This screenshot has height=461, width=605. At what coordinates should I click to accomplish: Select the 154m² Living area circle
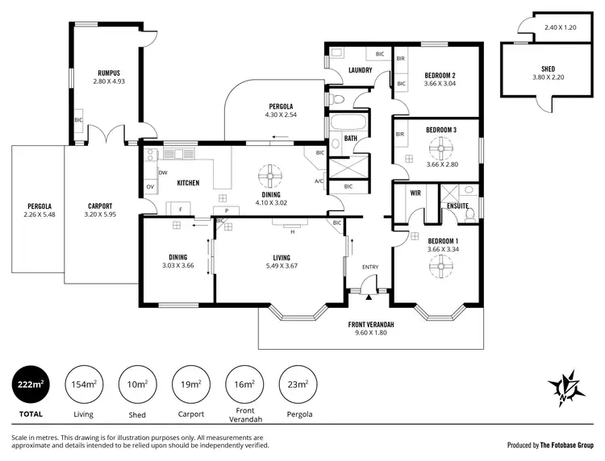pos(84,384)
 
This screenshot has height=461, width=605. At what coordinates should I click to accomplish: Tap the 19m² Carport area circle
pos(191,384)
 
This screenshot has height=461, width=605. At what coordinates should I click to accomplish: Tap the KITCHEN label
pos(188,183)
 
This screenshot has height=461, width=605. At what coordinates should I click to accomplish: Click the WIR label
pos(415,193)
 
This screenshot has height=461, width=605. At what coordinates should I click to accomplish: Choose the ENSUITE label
pos(457,206)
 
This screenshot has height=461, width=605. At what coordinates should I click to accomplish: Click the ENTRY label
pos(369,267)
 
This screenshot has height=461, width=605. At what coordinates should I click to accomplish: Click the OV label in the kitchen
pos(150,187)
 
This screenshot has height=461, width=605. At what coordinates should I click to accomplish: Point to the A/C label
pos(319,181)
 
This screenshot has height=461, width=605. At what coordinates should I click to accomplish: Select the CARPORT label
pos(100,206)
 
